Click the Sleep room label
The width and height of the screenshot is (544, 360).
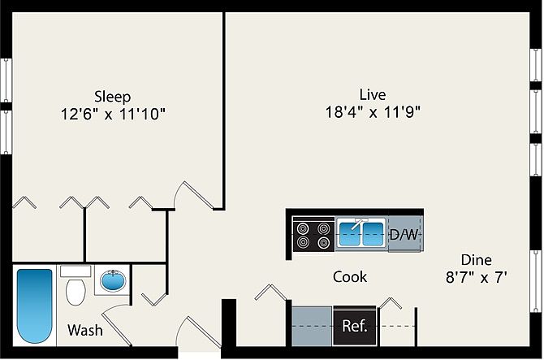click(x=112, y=96)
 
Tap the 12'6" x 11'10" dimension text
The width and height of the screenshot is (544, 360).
click(x=112, y=114)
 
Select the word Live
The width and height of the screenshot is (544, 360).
click(x=373, y=93)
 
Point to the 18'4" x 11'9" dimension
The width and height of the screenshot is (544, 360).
click(x=373, y=112)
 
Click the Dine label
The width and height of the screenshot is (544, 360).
click(x=477, y=260)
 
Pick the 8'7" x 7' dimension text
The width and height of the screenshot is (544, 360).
click(x=477, y=278)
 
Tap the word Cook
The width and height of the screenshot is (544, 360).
click(x=350, y=277)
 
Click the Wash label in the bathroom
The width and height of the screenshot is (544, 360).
click(x=84, y=331)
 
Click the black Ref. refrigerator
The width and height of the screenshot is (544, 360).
click(x=355, y=327)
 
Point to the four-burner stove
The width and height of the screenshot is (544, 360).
click(x=313, y=235)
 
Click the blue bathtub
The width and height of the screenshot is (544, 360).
click(x=34, y=308)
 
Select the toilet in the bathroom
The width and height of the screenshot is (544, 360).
click(x=76, y=289)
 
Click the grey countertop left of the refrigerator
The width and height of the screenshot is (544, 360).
click(x=312, y=327)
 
